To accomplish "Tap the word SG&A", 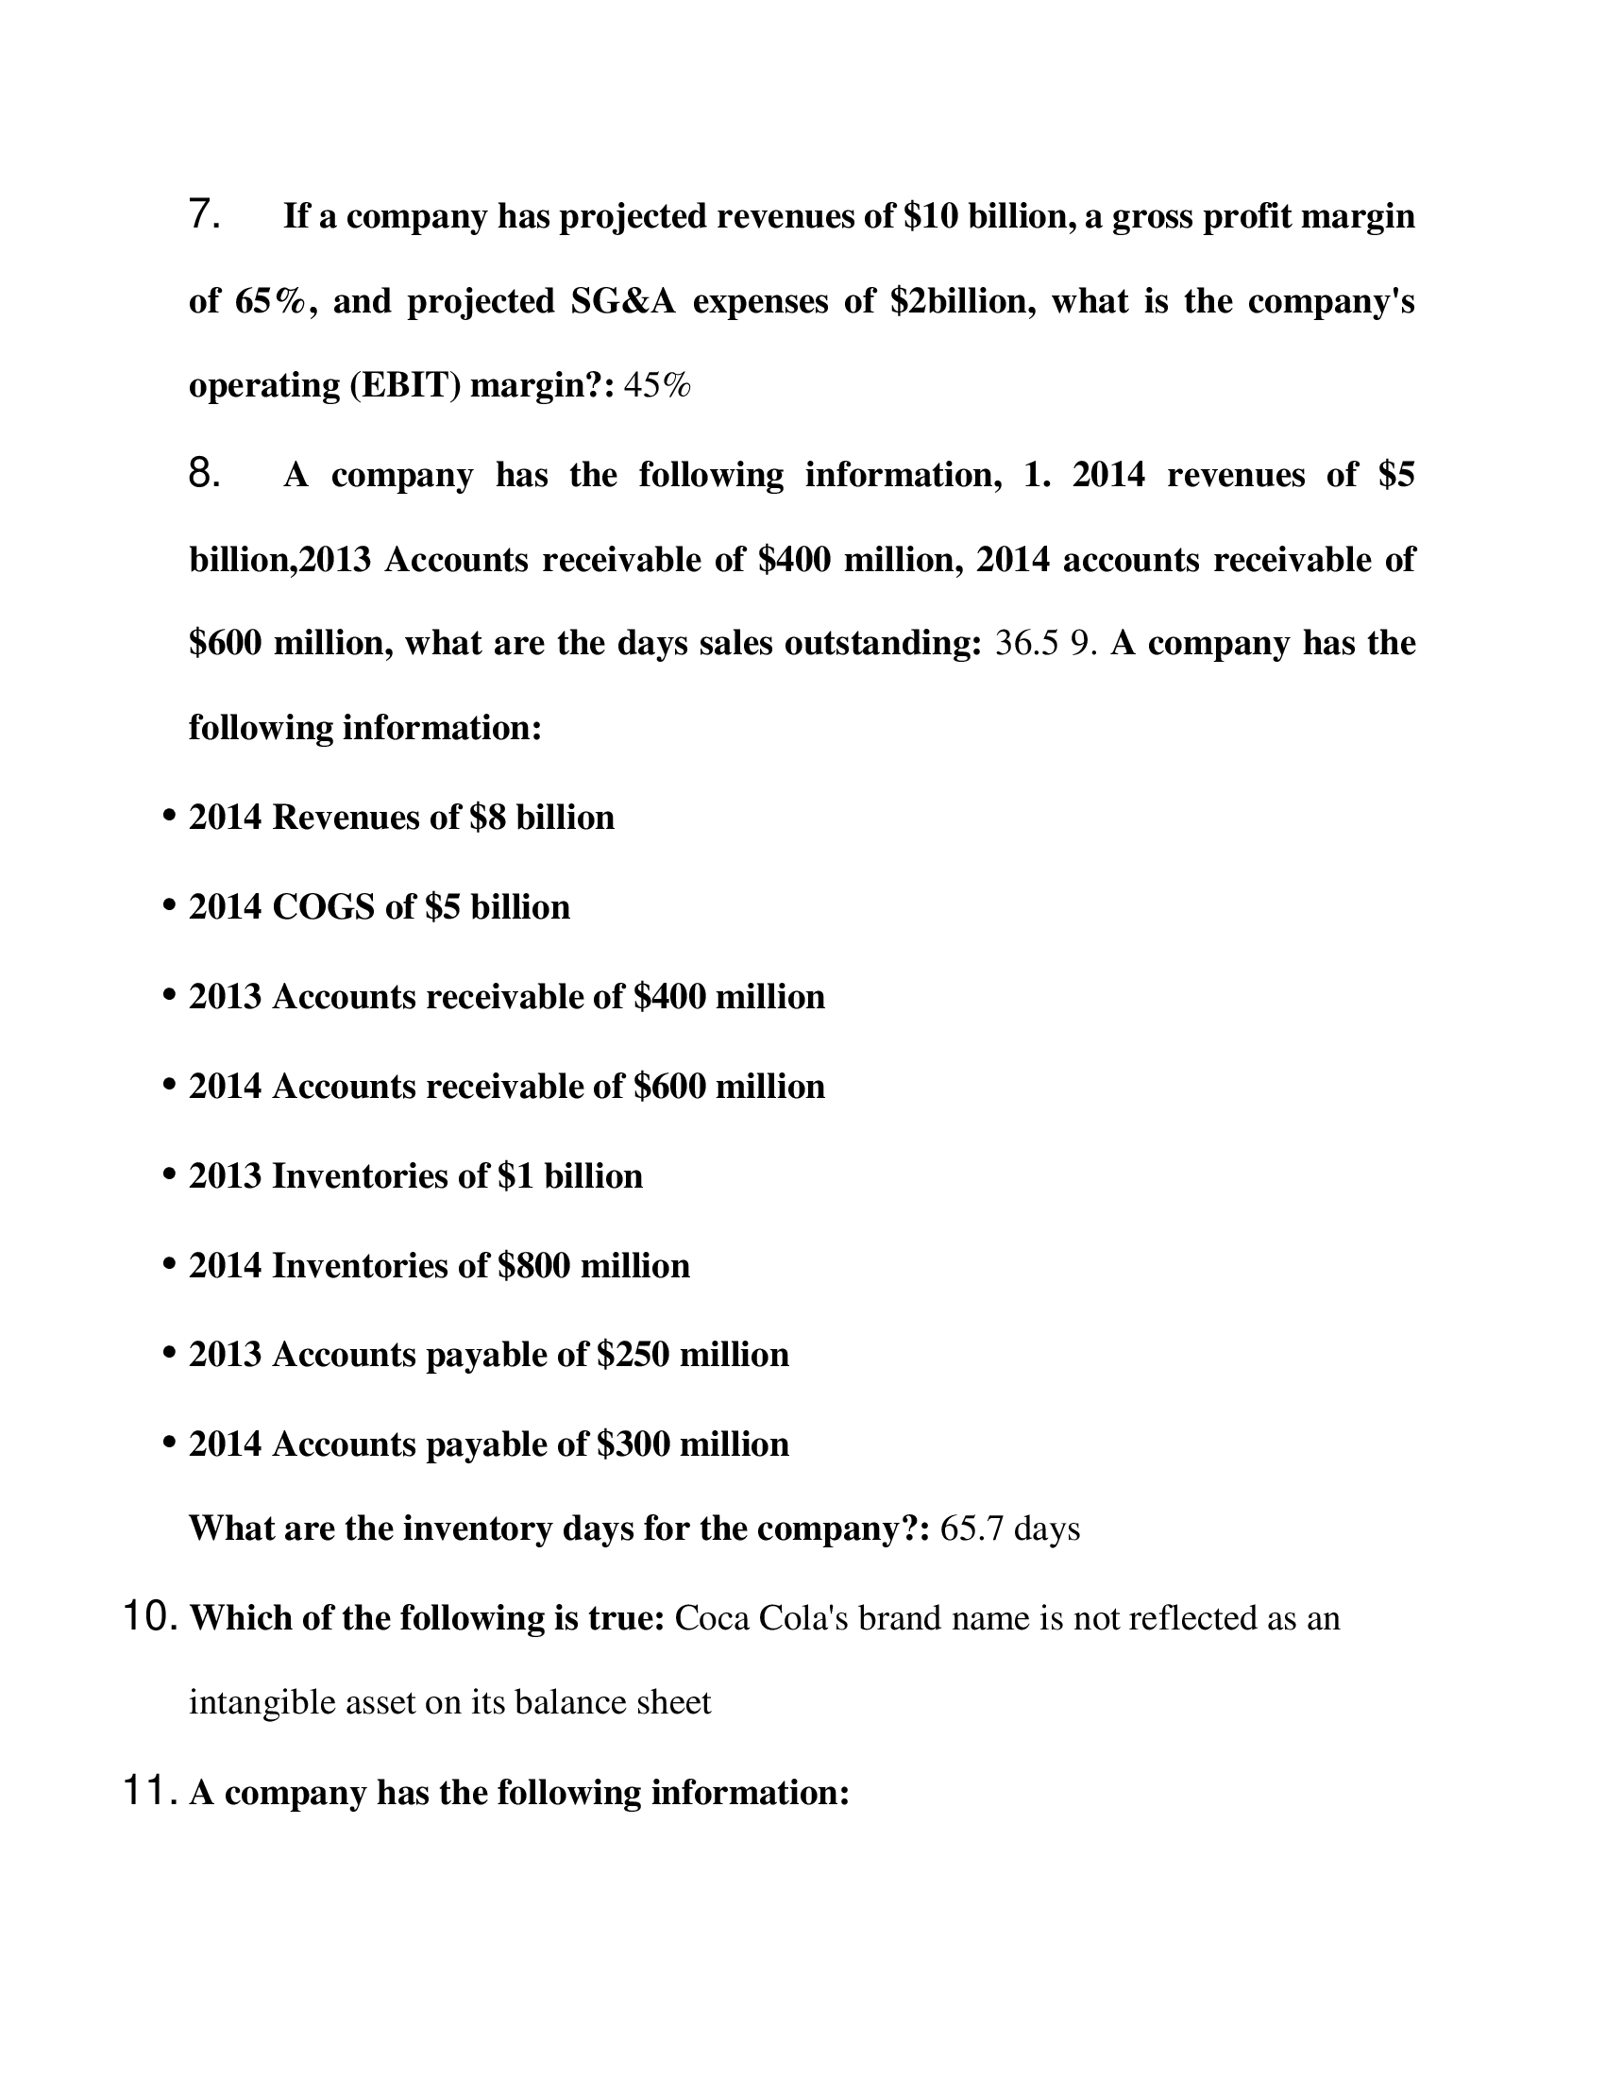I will pyautogui.click(x=623, y=301).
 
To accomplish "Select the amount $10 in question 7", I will pyautogui.click(x=926, y=217).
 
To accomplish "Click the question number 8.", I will pyautogui.click(x=205, y=473).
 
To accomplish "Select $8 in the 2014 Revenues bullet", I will pyautogui.click(x=488, y=818).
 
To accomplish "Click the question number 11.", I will pyautogui.click(x=151, y=1792).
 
